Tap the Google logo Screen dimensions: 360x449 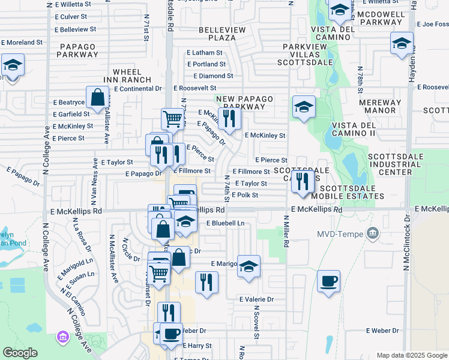pyautogui.click(x=20, y=353)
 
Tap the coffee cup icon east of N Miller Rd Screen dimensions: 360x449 pyautogui.click(x=329, y=281)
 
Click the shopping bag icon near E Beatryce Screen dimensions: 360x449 pyautogui.click(x=97, y=97)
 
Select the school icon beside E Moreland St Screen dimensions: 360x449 pyautogui.click(x=12, y=65)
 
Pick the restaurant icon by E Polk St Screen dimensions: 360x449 pyautogui.click(x=303, y=181)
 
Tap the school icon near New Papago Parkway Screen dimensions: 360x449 pyautogui.click(x=304, y=107)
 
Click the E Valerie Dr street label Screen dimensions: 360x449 pyautogui.click(x=256, y=299)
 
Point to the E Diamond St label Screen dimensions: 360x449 pyautogui.click(x=212, y=76)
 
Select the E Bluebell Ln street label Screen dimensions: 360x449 pyautogui.click(x=226, y=223)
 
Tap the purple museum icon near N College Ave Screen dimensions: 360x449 pyautogui.click(x=62, y=338)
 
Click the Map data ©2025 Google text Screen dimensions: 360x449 pyautogui.click(x=411, y=355)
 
